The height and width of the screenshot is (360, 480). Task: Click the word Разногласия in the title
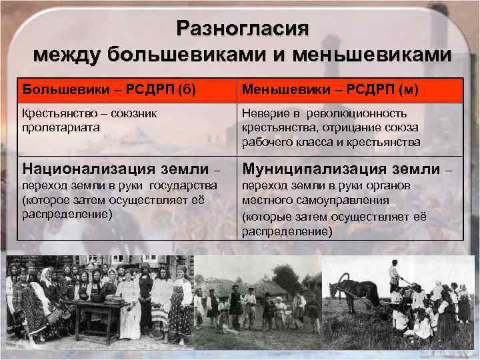click(243, 28)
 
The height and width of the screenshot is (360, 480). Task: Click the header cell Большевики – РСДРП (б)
click(109, 89)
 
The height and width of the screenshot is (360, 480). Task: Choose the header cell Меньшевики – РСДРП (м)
click(330, 89)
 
